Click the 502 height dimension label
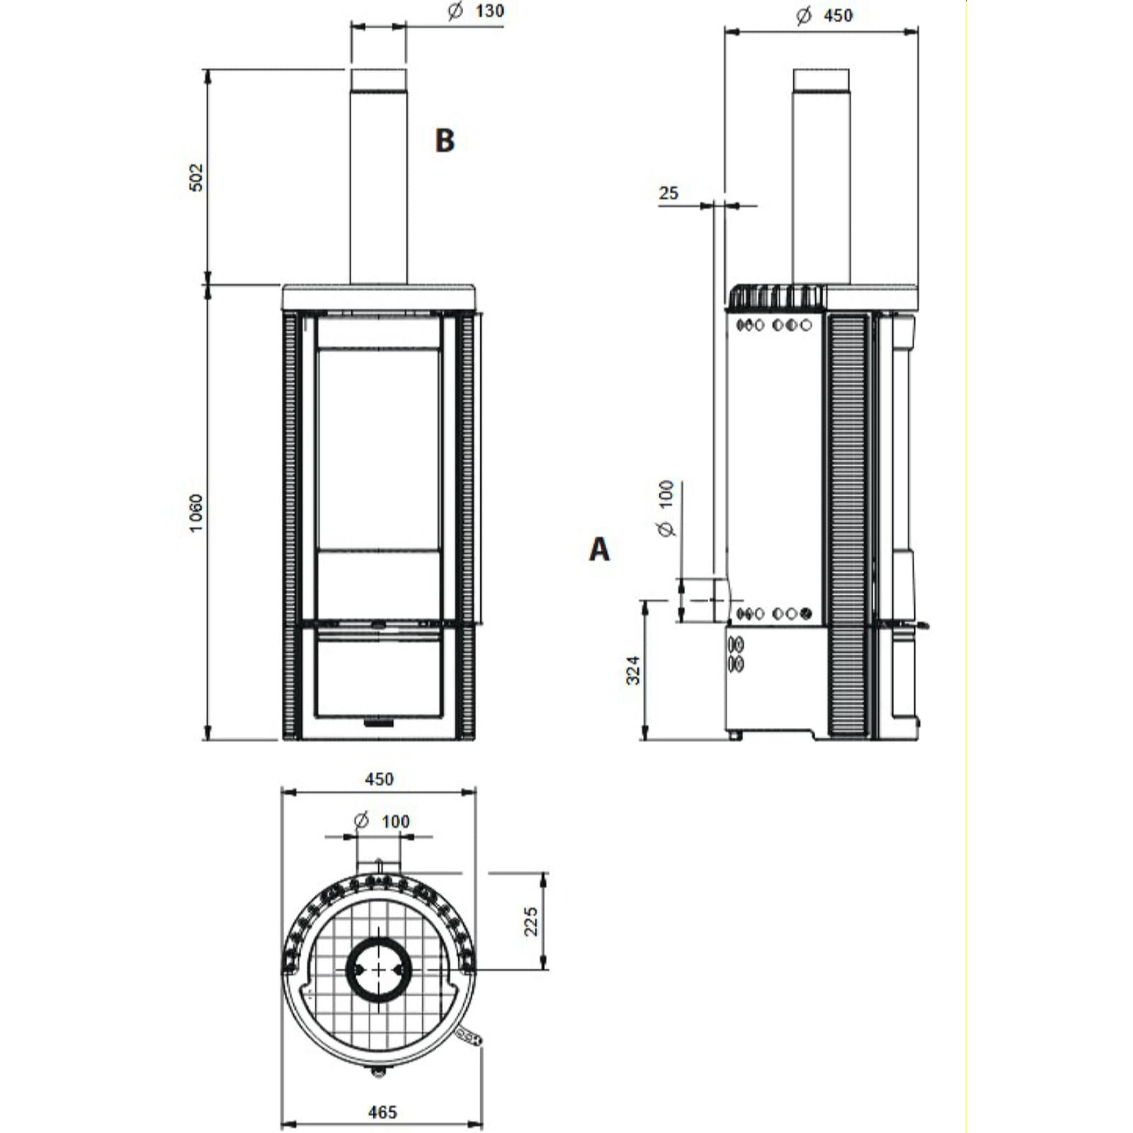196,177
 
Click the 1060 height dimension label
196,513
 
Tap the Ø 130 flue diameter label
477,11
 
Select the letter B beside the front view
444,140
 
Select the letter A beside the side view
599,549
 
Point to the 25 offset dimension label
668,193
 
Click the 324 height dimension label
633,670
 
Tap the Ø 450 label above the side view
824,15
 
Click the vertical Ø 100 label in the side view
666,508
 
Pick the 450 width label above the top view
379,779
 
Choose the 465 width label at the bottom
382,1112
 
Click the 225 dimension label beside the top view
531,921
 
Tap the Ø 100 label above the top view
382,821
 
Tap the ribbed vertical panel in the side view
846,524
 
